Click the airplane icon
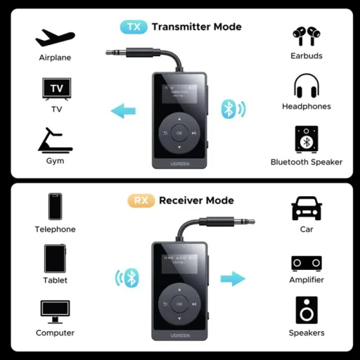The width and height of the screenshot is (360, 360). pyautogui.click(x=55, y=37)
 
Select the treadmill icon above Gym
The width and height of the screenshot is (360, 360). pyautogui.click(x=55, y=141)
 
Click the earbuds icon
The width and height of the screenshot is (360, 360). pyautogui.click(x=307, y=37)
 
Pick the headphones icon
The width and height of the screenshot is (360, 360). pyautogui.click(x=307, y=87)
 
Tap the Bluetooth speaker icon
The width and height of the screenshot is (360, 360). pyautogui.click(x=307, y=140)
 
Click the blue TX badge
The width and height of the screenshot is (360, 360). pyautogui.click(x=134, y=27)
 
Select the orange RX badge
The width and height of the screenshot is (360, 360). pyautogui.click(x=141, y=200)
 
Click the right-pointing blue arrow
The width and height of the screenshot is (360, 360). pyautogui.click(x=232, y=279)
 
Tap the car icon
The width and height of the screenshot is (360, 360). pyautogui.click(x=307, y=208)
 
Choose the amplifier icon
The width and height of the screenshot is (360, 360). pyautogui.click(x=307, y=263)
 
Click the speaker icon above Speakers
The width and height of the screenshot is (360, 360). pyautogui.click(x=307, y=310)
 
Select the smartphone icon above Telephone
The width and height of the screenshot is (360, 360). pyautogui.click(x=55, y=207)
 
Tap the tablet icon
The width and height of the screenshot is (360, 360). pyautogui.click(x=55, y=258)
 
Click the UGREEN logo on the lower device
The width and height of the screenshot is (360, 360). pyautogui.click(x=179, y=336)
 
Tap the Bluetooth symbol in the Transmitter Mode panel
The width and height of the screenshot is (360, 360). pyautogui.click(x=229, y=109)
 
